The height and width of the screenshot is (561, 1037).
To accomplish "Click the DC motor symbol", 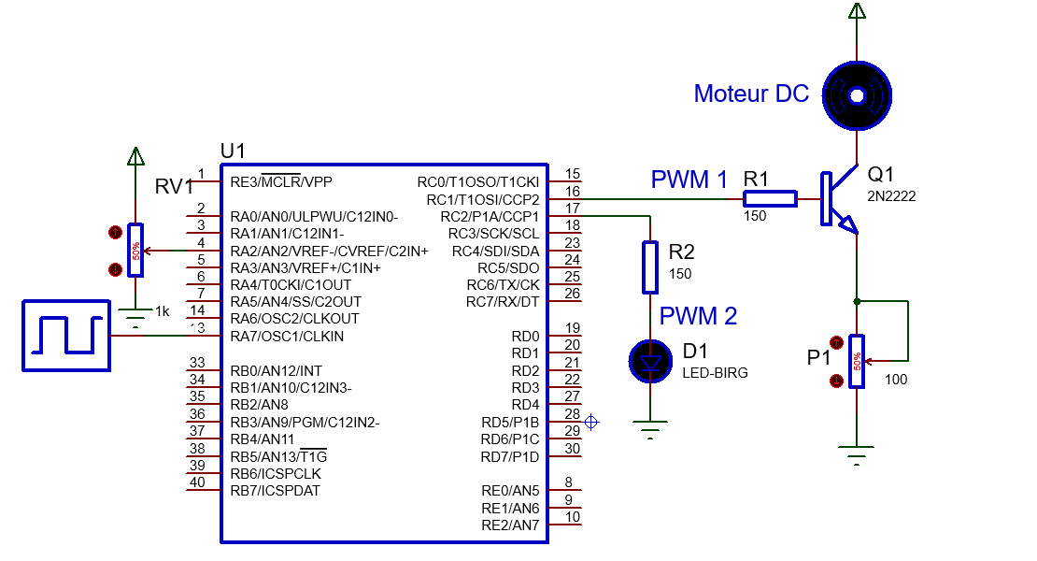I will click(857, 94).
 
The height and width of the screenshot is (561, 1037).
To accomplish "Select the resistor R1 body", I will click(770, 198).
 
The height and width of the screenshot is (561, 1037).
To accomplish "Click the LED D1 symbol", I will click(650, 361).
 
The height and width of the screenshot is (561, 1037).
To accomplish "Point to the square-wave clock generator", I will click(65, 336).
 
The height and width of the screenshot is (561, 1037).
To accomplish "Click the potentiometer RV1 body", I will click(136, 250).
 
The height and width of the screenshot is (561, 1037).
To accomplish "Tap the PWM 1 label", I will click(689, 180).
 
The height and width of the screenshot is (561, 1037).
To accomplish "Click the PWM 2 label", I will click(698, 316).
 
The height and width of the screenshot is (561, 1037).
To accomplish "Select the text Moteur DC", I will click(751, 93).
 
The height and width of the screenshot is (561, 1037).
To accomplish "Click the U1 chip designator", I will click(233, 151).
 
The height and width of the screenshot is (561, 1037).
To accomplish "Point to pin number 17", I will click(573, 209).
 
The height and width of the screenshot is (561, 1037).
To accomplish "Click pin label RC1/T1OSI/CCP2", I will click(482, 199).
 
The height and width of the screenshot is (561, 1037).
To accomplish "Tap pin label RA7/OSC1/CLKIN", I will click(287, 336).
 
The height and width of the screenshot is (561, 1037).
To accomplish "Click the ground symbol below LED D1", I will click(650, 431).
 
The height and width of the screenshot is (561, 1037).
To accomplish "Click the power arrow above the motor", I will click(857, 11).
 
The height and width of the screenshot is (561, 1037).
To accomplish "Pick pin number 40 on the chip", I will click(196, 482).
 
